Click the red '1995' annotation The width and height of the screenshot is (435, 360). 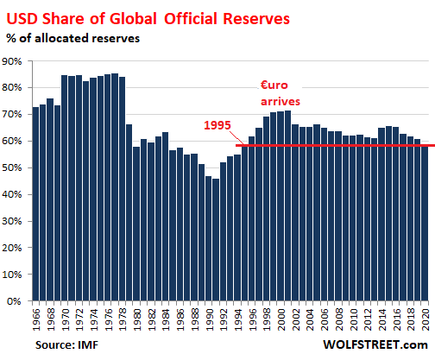tap(217, 124)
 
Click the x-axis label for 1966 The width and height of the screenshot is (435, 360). tap(35, 317)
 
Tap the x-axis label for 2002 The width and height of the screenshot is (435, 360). tap(295, 317)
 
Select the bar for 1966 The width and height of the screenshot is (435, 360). tap(35, 205)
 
